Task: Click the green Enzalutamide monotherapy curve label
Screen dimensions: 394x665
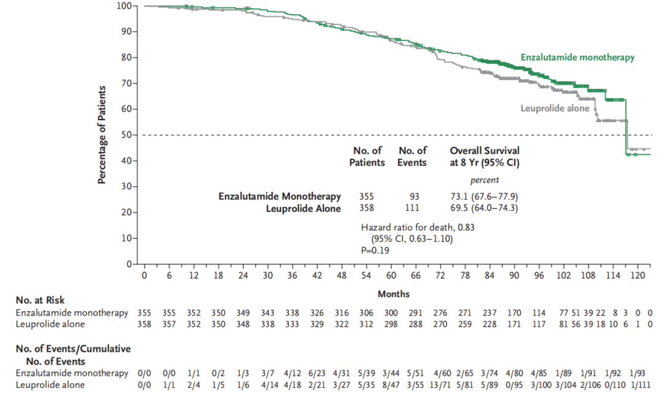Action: pos(577,58)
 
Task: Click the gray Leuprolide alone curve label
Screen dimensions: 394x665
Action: pos(555,108)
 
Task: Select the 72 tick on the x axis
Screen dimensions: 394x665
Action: pos(440,276)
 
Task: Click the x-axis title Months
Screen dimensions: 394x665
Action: pos(394,294)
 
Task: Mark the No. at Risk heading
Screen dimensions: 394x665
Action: pos(40,301)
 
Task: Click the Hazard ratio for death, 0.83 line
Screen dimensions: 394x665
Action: pos(418,227)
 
